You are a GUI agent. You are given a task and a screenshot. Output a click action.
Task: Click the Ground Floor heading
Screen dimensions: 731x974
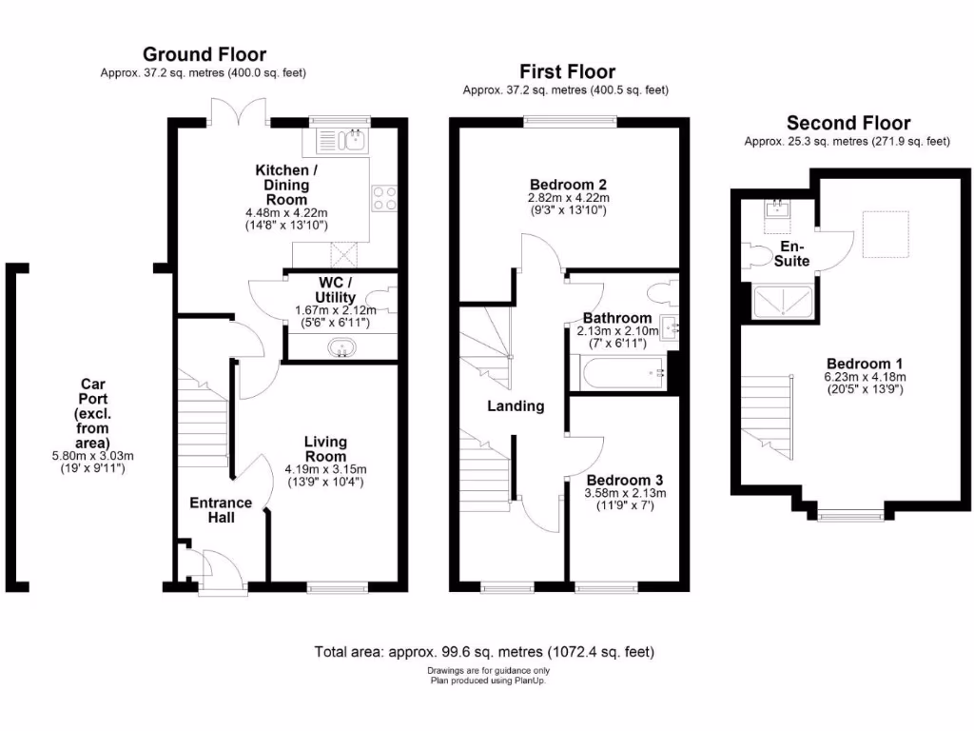pos(205,54)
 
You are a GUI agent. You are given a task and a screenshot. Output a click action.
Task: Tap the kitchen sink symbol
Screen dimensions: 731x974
pos(343,142)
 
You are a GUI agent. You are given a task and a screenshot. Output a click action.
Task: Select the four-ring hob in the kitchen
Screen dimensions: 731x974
pos(384,197)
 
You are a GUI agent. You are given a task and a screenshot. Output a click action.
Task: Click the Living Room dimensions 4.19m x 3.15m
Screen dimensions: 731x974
pos(325,469)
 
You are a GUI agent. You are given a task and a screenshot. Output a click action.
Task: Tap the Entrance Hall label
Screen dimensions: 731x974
pos(221,510)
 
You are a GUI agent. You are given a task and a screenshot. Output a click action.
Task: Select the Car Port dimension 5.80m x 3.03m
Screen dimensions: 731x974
pos(92,455)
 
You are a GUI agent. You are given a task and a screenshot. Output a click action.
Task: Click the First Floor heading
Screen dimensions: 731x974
pos(567,71)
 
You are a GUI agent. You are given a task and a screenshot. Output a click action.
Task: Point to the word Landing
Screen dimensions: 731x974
pos(516,405)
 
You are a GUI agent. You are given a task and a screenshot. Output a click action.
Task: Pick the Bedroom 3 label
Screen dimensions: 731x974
pos(625,480)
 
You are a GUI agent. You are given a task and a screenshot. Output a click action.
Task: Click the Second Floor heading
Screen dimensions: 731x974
pos(847,123)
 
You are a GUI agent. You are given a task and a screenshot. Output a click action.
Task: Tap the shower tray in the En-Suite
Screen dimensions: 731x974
pos(782,303)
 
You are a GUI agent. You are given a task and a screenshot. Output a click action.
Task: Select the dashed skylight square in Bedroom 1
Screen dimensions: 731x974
pos(885,234)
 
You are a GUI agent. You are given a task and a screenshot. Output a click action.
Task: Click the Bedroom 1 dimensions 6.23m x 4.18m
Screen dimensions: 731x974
pos(865,377)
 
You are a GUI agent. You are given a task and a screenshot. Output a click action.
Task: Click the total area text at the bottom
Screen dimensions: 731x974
pos(484,653)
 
